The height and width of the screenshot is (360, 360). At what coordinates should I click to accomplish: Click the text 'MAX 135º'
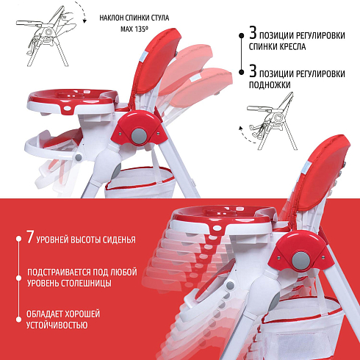[x=134, y=29]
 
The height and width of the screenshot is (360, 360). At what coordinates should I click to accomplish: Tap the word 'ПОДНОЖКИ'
[x=270, y=84]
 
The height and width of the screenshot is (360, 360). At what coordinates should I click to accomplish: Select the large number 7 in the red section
[x=30, y=237]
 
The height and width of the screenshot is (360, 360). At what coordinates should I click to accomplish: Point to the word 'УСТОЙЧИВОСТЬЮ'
[x=57, y=325]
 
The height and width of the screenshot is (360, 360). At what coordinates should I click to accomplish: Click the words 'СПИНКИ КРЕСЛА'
[x=278, y=46]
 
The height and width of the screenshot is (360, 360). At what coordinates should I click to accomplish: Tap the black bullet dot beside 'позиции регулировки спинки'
[x=242, y=35]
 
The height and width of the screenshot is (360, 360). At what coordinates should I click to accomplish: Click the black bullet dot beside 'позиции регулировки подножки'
[x=242, y=72]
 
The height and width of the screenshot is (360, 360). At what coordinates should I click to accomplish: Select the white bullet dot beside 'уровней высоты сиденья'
[x=18, y=238]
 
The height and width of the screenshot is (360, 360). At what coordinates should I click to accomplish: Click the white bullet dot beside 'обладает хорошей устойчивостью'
[x=18, y=320]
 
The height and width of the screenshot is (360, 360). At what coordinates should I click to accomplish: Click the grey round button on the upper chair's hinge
[x=139, y=136]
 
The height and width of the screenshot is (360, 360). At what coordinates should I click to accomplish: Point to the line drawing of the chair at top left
[x=46, y=37]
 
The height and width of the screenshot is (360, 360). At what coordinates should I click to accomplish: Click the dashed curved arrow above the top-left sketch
[x=82, y=12]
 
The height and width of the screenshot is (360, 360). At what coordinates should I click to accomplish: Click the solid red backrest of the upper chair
[x=156, y=61]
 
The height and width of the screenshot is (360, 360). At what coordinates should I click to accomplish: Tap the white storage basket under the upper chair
[x=140, y=182]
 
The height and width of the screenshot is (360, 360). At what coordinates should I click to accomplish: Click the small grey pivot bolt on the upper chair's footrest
[x=79, y=157]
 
